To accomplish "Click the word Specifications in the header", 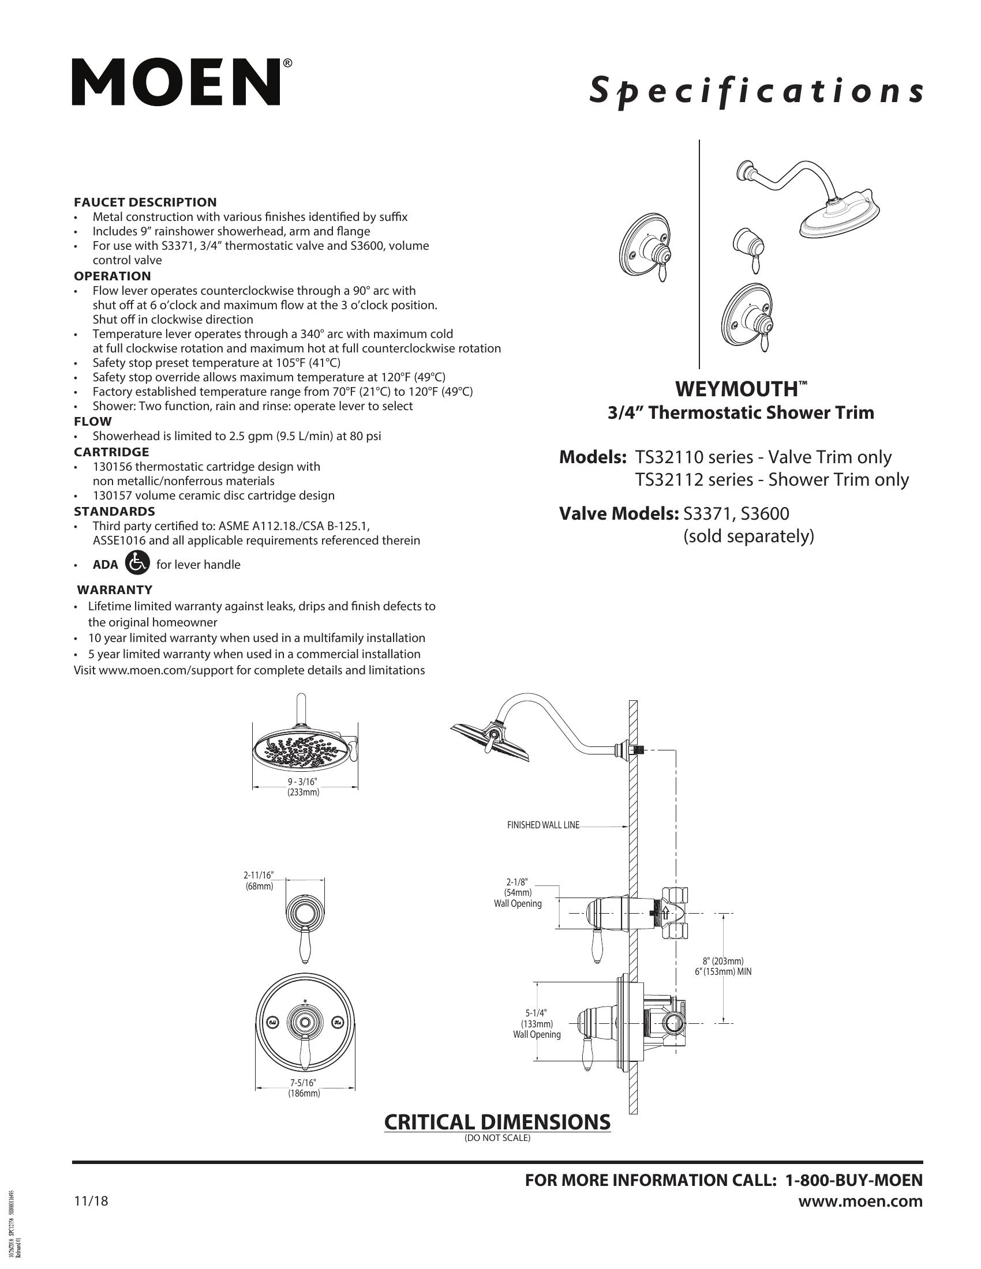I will pos(755,91).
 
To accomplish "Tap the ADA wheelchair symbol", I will pos(137,563).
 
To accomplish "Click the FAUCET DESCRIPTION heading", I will pos(145,202).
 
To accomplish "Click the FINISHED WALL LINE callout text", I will pos(543,825).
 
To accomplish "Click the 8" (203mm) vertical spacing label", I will pos(722,961).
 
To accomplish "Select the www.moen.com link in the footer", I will pos(860,1201).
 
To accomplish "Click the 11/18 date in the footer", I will pos(91,1201).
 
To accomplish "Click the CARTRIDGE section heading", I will pos(111,452).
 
